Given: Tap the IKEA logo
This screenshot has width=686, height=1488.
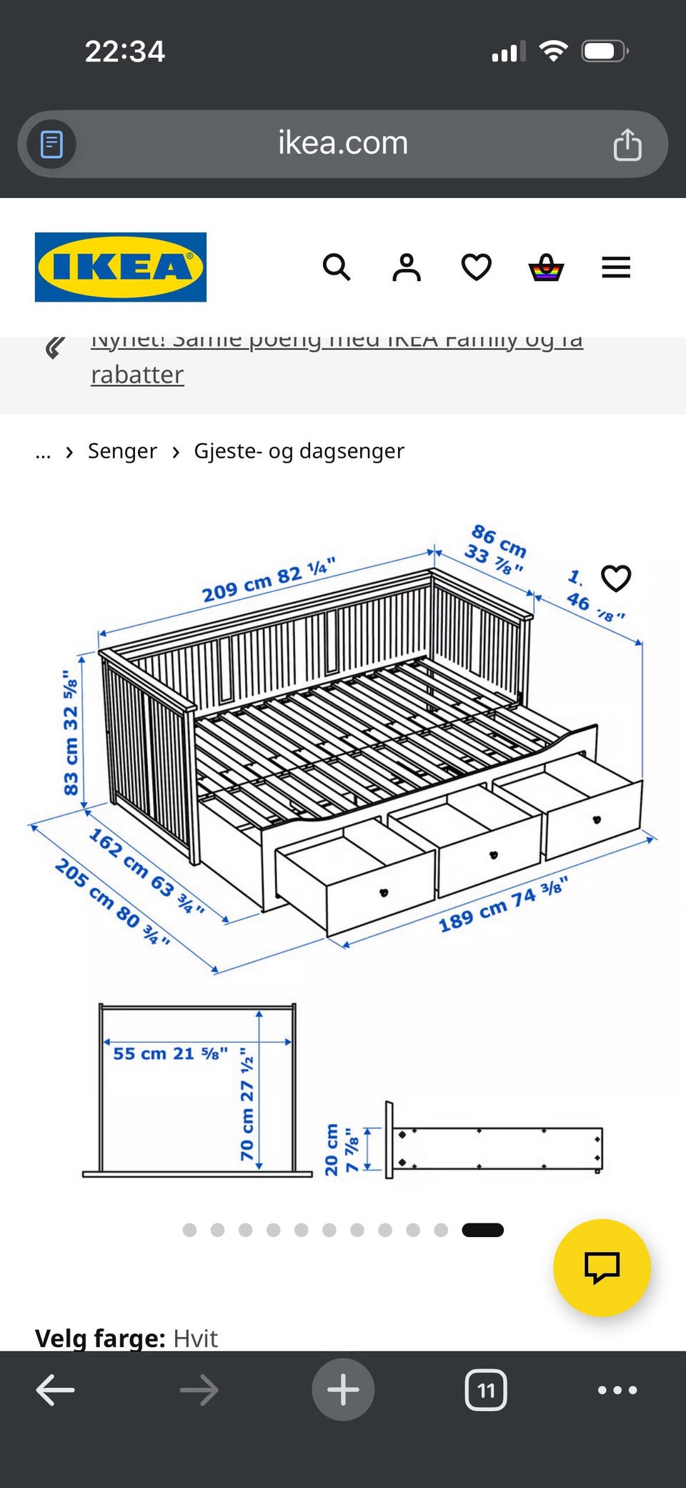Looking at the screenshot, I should pyautogui.click(x=120, y=267).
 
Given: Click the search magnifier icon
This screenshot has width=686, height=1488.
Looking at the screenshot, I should pyautogui.click(x=336, y=267).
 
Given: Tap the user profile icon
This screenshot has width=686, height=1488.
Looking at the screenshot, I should pyautogui.click(x=406, y=267).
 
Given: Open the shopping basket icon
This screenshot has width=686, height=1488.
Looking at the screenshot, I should pyautogui.click(x=546, y=267).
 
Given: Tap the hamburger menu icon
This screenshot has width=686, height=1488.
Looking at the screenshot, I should pyautogui.click(x=615, y=267).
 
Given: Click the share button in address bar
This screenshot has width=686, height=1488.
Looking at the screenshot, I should pyautogui.click(x=627, y=144).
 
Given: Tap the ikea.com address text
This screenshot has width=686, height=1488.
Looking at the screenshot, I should pyautogui.click(x=343, y=143).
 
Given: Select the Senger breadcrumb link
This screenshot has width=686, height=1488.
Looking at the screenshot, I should pyautogui.click(x=122, y=451).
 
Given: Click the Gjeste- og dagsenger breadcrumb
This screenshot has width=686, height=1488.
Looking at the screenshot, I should pyautogui.click(x=299, y=451).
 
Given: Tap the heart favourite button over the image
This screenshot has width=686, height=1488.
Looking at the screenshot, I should pyautogui.click(x=615, y=578).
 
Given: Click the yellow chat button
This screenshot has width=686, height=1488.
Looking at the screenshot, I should pyautogui.click(x=602, y=1268).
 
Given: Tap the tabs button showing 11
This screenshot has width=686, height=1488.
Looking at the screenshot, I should pyautogui.click(x=486, y=1390).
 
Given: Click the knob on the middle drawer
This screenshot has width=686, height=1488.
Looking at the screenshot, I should pyautogui.click(x=493, y=854).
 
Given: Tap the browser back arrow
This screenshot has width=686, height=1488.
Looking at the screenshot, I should pyautogui.click(x=55, y=1390).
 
